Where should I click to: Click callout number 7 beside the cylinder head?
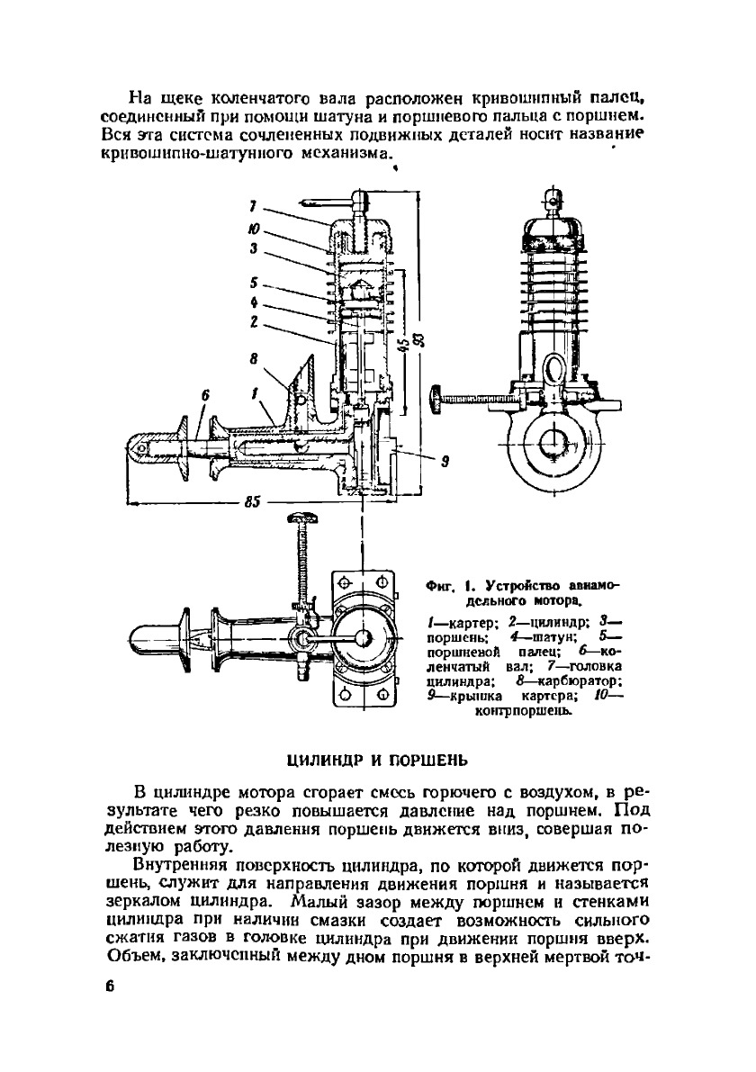[255, 206]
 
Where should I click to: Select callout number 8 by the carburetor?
[255, 357]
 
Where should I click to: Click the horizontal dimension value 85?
[251, 503]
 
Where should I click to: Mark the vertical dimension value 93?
[426, 339]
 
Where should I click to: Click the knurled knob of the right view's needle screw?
[436, 397]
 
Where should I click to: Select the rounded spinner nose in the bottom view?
[138, 635]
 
